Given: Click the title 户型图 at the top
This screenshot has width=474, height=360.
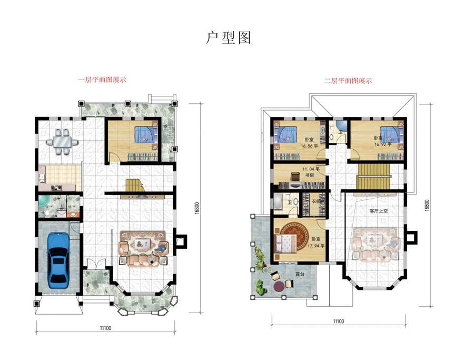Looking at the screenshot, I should tap(228, 38).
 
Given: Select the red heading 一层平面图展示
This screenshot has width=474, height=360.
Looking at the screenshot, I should tap(102, 80).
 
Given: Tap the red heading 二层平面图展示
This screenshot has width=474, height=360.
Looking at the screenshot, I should tap(348, 81).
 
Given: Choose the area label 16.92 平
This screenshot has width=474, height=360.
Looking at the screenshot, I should tap(383, 143).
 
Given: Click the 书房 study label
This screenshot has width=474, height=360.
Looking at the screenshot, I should tap(308, 176).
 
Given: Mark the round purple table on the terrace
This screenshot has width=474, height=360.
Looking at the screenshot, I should tap(279, 286).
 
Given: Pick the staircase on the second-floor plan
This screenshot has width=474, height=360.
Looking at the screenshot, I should tap(373, 174).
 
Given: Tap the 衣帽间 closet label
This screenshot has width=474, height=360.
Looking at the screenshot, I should tap(316, 201).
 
